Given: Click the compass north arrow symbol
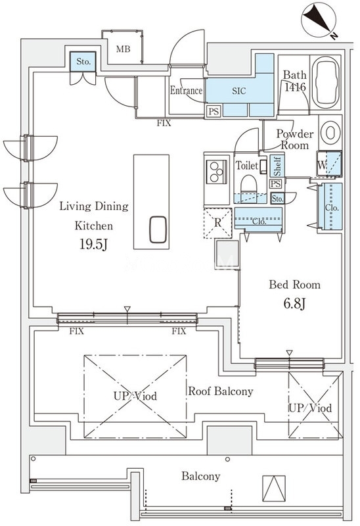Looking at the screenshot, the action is click(319, 20).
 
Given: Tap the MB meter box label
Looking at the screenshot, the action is click(123, 49).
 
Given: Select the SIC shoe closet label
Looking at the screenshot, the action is click(238, 91).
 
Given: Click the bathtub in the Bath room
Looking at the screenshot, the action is click(325, 82).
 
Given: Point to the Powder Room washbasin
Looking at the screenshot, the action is click(330, 133).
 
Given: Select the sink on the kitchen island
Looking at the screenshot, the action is click(158, 229).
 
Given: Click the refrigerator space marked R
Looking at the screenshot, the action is click(218, 223).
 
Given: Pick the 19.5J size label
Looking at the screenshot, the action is click(93, 245).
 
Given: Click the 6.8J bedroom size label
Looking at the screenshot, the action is click(294, 304).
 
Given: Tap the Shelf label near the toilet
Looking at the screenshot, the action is click(277, 166).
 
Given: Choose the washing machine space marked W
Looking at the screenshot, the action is click(329, 164).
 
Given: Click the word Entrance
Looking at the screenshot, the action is click(187, 90).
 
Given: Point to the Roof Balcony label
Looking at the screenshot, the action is click(221, 391).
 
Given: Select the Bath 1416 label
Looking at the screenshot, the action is click(295, 81).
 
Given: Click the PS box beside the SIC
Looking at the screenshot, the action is click(214, 111).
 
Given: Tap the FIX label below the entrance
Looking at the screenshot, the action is click(164, 123).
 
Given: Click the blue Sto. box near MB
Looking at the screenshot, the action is click(83, 61).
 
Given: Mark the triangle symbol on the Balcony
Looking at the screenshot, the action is click(274, 488).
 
